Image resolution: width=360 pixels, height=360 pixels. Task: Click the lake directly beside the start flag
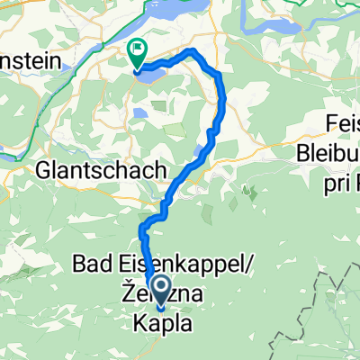pyautogui.click(x=149, y=76)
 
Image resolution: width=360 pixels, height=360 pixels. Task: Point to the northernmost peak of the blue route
pyautogui.click(x=191, y=50)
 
